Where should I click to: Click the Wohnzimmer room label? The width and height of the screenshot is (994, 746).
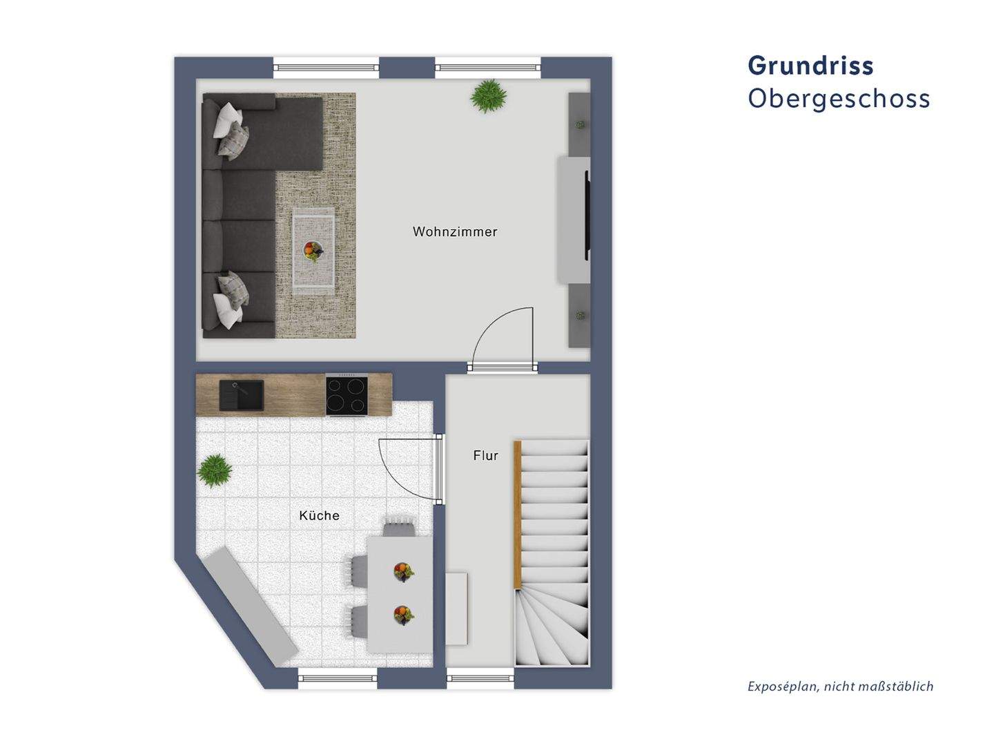(x=455, y=231)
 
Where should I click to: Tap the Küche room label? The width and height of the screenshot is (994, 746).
(x=319, y=515)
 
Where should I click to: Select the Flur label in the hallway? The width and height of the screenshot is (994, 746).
(x=485, y=456)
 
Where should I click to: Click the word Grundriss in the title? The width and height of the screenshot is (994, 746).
(x=810, y=66)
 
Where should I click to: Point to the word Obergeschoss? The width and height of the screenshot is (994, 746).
(x=839, y=99)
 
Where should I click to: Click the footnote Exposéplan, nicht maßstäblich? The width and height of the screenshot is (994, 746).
(x=840, y=686)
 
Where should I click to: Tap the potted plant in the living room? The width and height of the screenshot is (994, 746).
(x=488, y=96)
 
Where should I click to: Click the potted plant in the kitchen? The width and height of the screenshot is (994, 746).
(x=214, y=471)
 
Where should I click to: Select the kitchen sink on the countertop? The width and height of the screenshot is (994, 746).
(x=241, y=394)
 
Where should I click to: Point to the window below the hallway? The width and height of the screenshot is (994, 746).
(x=480, y=678)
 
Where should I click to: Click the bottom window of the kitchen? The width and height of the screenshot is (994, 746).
(x=338, y=678)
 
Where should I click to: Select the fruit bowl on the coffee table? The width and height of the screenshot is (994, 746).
(x=312, y=251)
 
